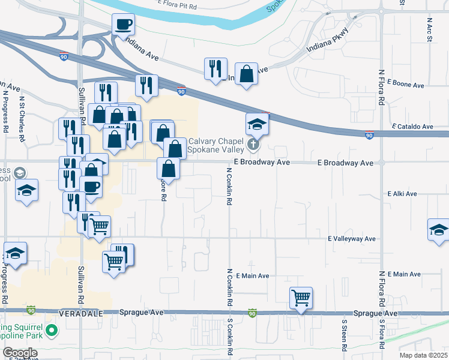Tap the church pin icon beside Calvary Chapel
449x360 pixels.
point(253,144)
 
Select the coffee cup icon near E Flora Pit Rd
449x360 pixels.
point(123,25)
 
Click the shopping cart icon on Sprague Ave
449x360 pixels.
point(301,298)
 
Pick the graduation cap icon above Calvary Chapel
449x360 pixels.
point(257,124)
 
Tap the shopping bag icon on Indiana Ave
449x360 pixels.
point(246,74)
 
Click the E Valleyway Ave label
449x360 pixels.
point(352,239)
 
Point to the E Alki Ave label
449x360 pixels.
point(402,194)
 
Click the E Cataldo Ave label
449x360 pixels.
point(411,127)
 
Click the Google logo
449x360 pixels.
point(20,353)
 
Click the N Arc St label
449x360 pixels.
point(430,30)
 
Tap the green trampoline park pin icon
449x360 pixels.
point(52,329)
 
